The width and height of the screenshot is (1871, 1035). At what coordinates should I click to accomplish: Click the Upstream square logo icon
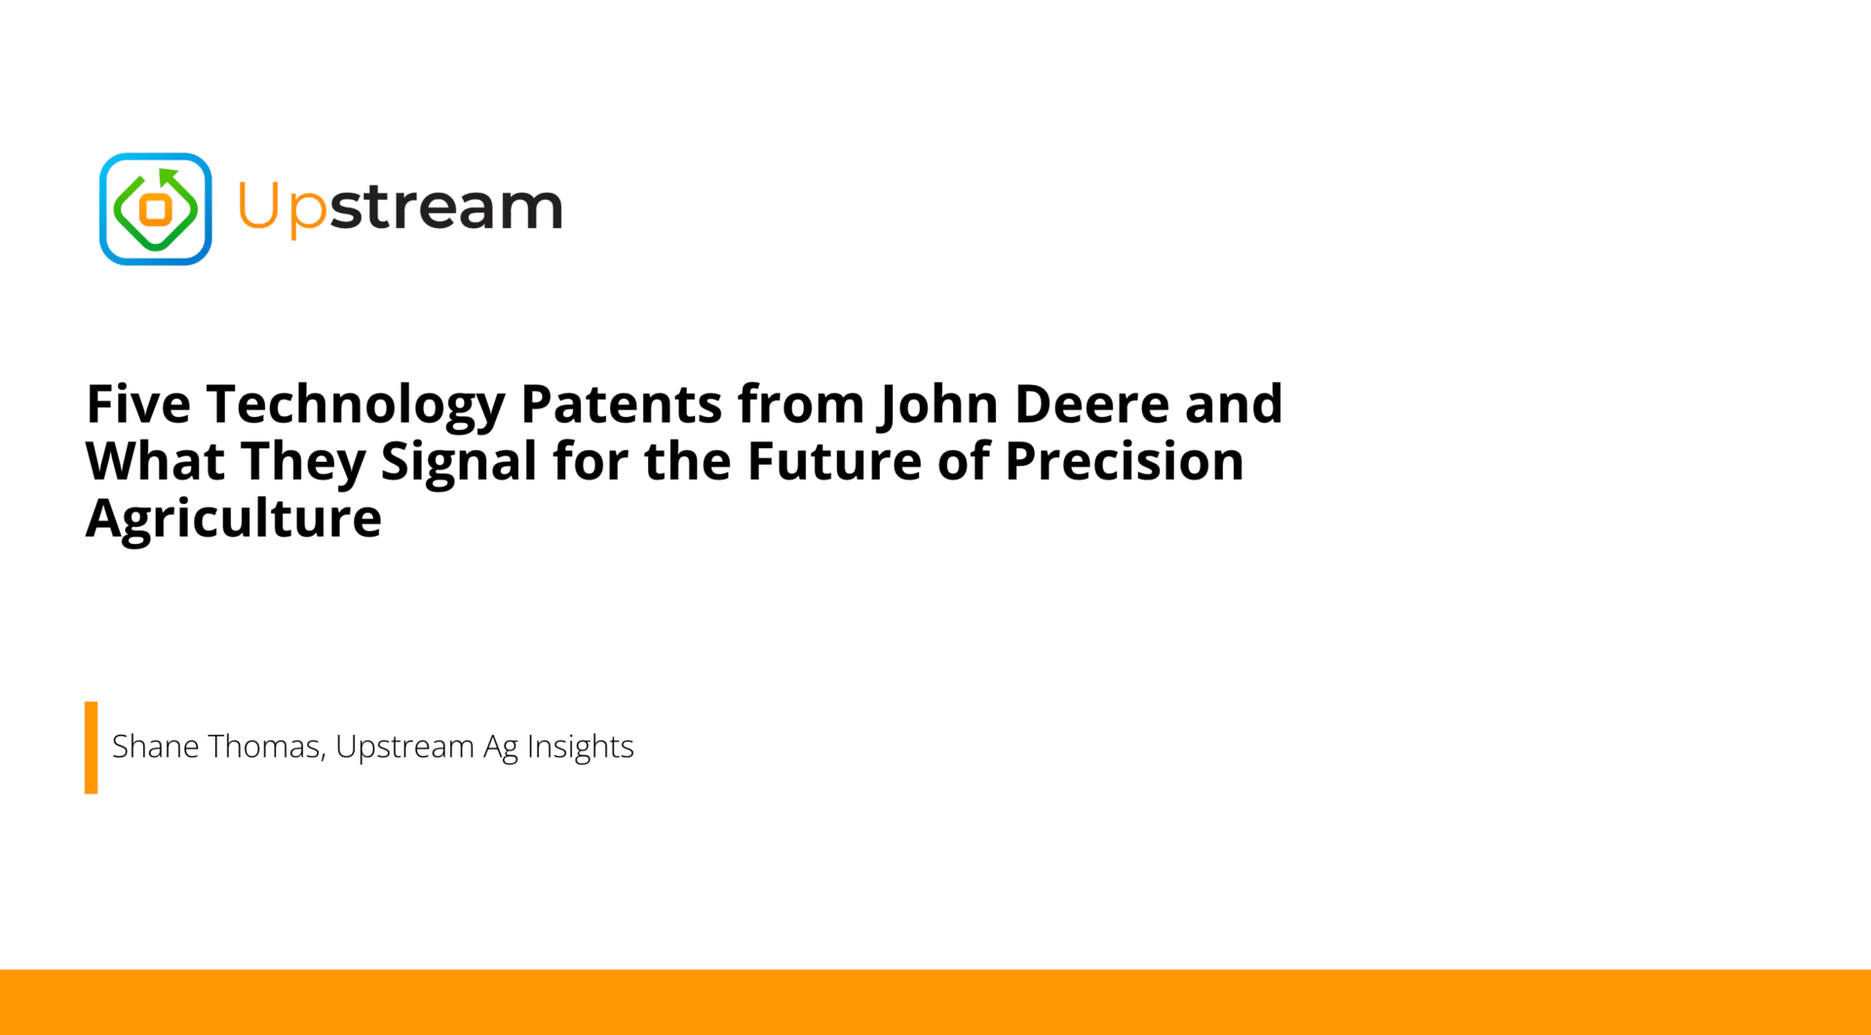[x=156, y=209]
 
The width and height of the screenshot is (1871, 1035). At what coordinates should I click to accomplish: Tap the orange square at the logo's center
[x=156, y=209]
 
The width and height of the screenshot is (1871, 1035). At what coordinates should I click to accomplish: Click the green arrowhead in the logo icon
[x=170, y=177]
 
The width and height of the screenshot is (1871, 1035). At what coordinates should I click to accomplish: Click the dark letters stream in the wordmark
[x=446, y=206]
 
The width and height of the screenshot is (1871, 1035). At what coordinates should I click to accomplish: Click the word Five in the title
[x=138, y=403]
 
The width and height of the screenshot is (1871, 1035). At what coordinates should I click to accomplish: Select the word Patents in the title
[x=621, y=403]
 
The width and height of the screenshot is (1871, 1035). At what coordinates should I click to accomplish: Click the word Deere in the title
[x=1091, y=403]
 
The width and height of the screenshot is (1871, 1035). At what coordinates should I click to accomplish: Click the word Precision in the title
[x=1125, y=461]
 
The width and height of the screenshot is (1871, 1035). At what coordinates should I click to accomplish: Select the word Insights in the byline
[x=580, y=747]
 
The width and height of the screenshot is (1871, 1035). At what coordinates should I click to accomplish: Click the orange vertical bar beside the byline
[x=91, y=747]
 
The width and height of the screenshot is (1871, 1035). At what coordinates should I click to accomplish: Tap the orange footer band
[x=935, y=1002]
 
